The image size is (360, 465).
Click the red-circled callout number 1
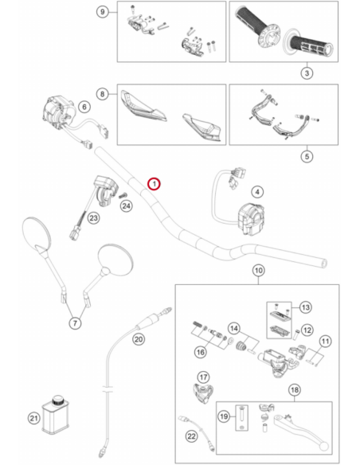[x=155, y=184]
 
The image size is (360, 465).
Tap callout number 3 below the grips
[x=307, y=73]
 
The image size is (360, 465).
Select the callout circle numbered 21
[x=33, y=418]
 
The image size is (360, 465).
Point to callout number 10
[x=259, y=271]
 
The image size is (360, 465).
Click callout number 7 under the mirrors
[x=75, y=322]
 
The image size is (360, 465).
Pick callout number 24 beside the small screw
[x=127, y=205]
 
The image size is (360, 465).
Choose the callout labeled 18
[x=295, y=389]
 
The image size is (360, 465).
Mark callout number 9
[x=103, y=12]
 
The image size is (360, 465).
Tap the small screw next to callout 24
[x=123, y=195]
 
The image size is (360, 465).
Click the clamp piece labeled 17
[x=203, y=393]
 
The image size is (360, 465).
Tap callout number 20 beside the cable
[x=139, y=339]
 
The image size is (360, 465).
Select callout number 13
[x=305, y=307]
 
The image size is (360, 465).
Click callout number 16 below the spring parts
[x=201, y=352]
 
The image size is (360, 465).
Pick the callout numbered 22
[x=192, y=436]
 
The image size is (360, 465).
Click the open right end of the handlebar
[x=324, y=263]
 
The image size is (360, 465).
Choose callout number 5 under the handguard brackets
[x=307, y=156]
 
